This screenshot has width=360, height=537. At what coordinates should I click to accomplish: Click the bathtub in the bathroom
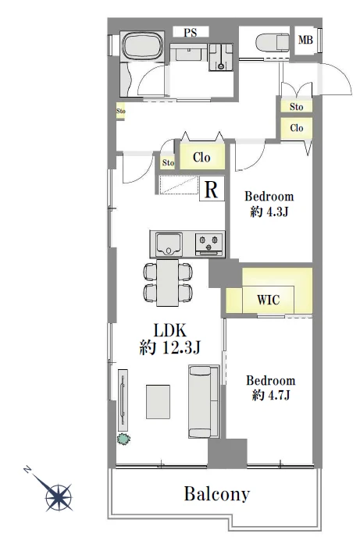click(142, 47)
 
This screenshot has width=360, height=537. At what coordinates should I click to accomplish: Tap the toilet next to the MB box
click(273, 43)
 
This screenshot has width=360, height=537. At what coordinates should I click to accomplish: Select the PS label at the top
click(191, 33)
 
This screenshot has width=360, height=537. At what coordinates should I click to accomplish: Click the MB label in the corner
click(305, 40)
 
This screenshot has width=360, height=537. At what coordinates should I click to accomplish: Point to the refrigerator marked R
click(212, 189)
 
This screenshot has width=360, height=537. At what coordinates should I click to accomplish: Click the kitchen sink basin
click(169, 243)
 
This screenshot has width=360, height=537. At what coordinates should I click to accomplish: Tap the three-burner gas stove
click(209, 244)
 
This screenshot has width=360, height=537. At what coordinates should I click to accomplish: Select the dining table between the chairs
click(167, 283)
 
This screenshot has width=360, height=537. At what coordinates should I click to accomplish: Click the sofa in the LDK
click(204, 401)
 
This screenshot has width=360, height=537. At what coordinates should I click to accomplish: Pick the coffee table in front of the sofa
click(158, 402)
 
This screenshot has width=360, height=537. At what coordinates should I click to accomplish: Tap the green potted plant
click(123, 439)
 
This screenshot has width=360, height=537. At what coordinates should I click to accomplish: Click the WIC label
click(268, 300)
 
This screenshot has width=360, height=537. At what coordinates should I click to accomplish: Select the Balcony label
click(217, 494)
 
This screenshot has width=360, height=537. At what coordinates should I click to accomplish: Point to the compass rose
click(58, 495)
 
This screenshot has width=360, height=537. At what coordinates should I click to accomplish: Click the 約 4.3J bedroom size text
click(269, 212)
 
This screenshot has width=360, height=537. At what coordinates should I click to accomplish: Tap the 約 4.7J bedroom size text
click(271, 396)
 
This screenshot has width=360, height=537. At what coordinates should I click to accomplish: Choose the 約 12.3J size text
click(169, 348)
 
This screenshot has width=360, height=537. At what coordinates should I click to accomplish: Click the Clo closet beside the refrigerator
click(202, 157)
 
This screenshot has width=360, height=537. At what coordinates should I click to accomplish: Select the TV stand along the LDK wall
click(123, 400)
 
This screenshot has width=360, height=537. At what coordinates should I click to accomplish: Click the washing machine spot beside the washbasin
click(221, 57)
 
